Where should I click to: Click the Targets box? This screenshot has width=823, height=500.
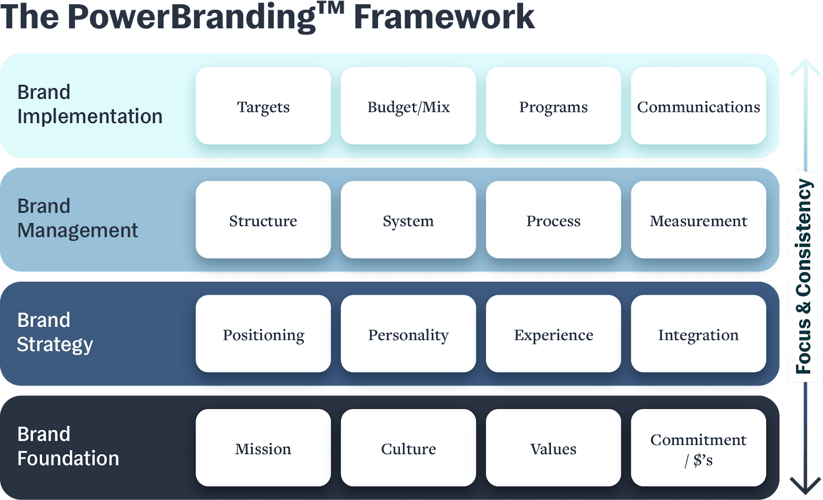(x=263, y=106)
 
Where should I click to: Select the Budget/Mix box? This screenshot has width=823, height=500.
(x=408, y=106)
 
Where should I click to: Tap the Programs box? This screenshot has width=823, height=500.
(x=553, y=106)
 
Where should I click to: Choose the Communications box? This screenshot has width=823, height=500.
(x=699, y=106)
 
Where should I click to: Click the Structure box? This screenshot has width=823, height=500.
(x=263, y=220)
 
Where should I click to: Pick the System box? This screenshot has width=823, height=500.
(x=408, y=220)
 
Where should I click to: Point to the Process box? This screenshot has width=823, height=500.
(x=553, y=220)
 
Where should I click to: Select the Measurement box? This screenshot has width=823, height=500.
(x=699, y=220)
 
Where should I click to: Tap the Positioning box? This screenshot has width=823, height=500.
(x=263, y=334)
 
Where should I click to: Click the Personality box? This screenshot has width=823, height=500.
(x=408, y=334)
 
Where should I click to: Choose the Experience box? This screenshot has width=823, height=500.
(x=553, y=334)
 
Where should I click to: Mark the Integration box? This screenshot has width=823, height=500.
(x=699, y=334)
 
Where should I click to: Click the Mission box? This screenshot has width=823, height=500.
(x=263, y=448)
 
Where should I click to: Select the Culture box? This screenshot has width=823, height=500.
(x=408, y=448)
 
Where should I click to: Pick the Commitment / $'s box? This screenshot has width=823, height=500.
(x=699, y=448)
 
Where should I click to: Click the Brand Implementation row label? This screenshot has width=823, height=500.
(x=90, y=104)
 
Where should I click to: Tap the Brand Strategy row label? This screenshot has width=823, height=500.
(x=55, y=332)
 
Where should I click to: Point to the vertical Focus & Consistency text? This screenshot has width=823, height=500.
(x=803, y=276)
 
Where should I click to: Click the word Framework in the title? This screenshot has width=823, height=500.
(x=444, y=16)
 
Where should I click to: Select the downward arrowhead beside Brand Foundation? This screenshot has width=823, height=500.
(x=806, y=485)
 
